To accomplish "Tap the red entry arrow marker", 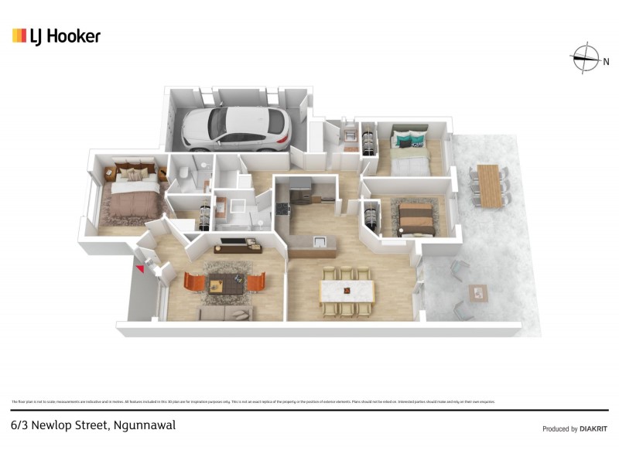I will pyautogui.click(x=140, y=268).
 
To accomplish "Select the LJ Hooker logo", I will pyautogui.click(x=56, y=36).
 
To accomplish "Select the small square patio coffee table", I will pyautogui.click(x=477, y=292).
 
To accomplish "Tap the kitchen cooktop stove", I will pyautogui.click(x=281, y=207).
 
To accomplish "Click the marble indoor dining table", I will pyautogui.click(x=347, y=292).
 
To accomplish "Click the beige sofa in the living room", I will pyautogui.click(x=225, y=312).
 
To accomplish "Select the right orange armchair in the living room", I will pyautogui.click(x=257, y=281).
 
